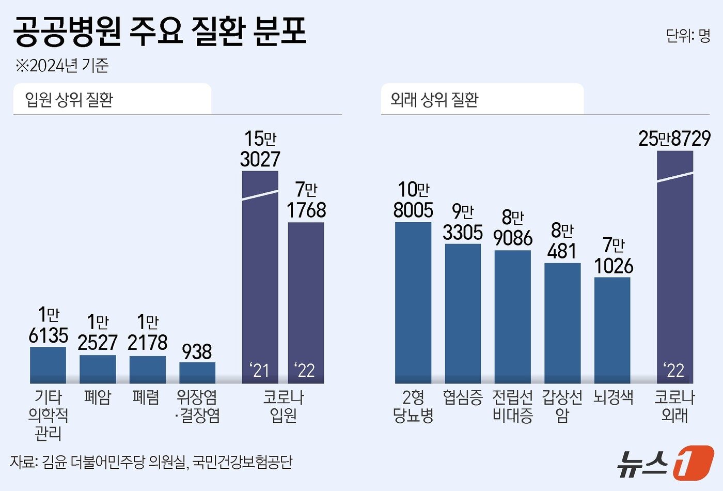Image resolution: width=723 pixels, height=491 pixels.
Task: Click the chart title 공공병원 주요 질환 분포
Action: [160, 32]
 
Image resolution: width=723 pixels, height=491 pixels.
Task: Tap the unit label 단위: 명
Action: [688, 36]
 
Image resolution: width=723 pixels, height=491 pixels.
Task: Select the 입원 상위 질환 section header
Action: [69, 99]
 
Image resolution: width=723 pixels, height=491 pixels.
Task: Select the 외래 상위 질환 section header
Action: [434, 99]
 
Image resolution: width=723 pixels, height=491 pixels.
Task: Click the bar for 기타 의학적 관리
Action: [48, 365]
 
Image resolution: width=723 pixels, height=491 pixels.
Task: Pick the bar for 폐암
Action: [98, 369]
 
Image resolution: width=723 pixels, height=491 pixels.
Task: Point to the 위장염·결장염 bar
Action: [197, 373]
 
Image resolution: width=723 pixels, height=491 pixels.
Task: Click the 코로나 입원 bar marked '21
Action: [260, 279]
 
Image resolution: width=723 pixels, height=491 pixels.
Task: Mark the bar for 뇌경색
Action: [612, 330]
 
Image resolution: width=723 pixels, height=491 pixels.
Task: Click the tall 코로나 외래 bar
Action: [675, 269]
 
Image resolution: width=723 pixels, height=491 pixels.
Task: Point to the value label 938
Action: [197, 352]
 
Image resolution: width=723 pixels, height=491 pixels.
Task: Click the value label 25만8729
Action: [674, 139]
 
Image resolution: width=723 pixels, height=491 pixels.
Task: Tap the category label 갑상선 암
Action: [562, 406]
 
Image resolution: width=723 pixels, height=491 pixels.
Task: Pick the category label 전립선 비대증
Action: [512, 406]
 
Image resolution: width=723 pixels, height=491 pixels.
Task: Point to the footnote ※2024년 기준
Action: [62, 66]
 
